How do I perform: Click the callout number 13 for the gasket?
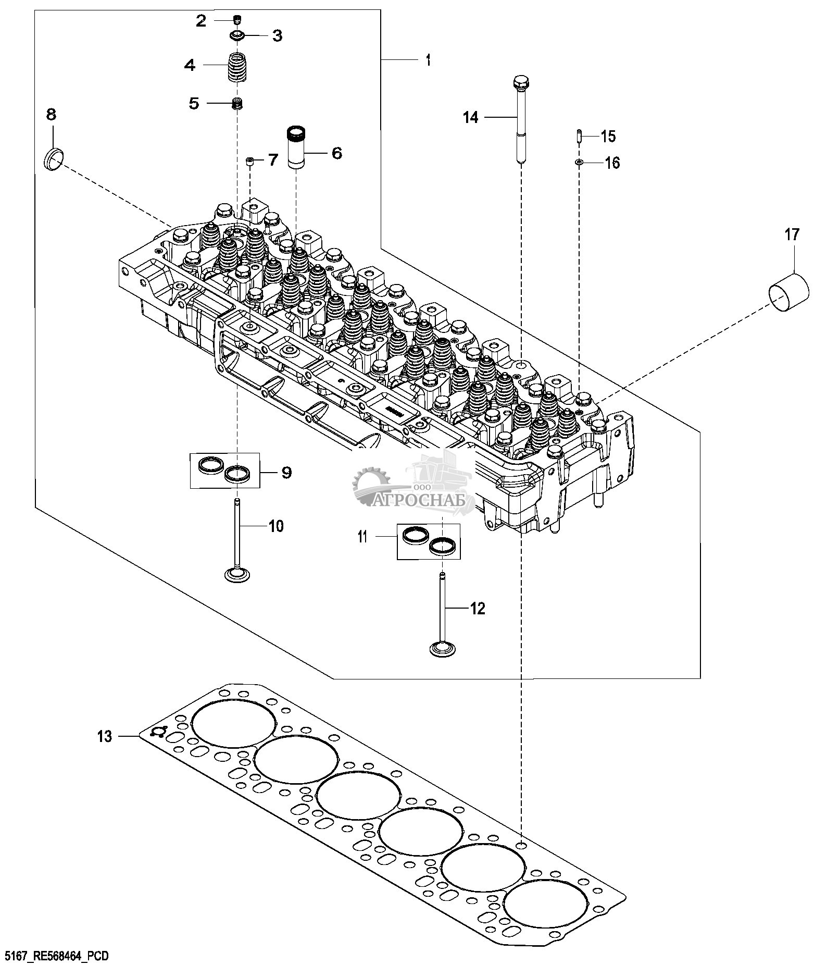105,736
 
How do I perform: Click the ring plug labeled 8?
54,158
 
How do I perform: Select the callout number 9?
286,473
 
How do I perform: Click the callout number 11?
362,536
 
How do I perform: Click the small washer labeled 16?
579,163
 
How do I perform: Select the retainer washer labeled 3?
239,35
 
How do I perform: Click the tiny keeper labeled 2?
238,20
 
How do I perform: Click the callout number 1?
428,61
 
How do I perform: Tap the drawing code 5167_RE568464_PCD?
56,955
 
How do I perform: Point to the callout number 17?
792,236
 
